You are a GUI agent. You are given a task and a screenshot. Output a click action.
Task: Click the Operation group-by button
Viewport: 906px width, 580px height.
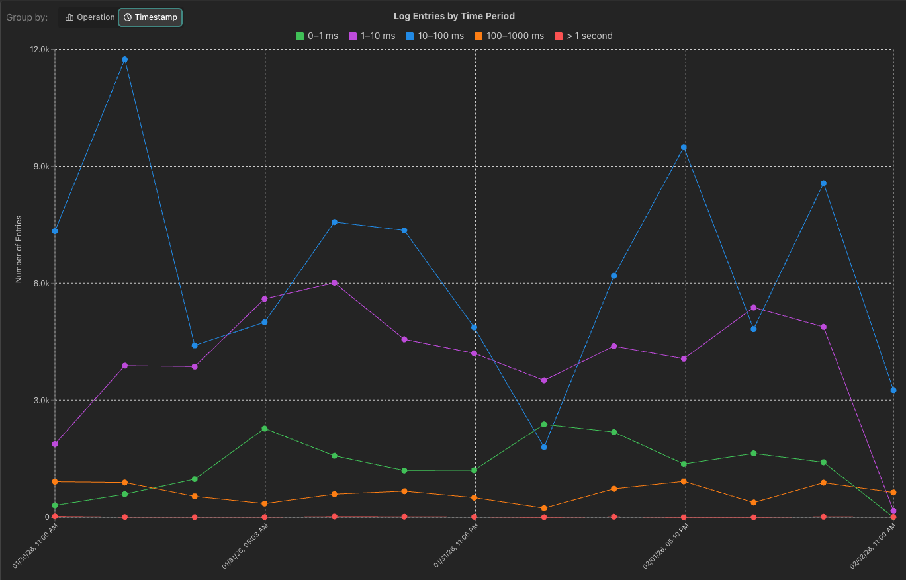(90, 17)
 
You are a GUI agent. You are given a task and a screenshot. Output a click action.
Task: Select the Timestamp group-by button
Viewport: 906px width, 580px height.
(150, 17)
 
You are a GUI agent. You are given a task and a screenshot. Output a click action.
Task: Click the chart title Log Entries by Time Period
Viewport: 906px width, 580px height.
(454, 16)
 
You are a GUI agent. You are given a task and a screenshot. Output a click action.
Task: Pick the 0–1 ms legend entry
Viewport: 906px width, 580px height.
(317, 36)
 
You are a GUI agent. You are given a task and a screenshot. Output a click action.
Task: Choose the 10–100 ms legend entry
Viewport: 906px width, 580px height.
(435, 36)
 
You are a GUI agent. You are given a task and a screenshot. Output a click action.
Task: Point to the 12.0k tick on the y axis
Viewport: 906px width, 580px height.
(40, 50)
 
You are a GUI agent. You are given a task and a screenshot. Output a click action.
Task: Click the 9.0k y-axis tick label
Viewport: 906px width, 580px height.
(42, 167)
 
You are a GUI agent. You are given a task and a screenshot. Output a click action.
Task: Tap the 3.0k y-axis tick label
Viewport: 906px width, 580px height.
(42, 401)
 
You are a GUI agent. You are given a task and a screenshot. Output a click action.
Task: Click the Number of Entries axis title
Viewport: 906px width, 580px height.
(19, 249)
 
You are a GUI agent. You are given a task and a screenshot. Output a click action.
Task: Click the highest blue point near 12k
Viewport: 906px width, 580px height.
(124, 60)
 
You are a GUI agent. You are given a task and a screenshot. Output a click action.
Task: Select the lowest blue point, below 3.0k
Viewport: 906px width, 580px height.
(544, 447)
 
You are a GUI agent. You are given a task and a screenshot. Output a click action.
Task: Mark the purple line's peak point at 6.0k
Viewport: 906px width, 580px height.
(334, 283)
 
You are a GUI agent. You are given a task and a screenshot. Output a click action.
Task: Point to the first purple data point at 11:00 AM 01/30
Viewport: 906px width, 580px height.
(55, 444)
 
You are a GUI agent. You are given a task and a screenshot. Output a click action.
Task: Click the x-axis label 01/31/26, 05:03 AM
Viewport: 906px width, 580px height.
(246, 546)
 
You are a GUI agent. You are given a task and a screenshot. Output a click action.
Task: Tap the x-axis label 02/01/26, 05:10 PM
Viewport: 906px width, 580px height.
(666, 546)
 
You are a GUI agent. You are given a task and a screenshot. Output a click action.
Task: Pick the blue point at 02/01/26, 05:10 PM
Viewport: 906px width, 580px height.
(684, 147)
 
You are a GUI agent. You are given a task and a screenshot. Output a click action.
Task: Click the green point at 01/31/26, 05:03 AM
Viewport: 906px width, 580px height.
(265, 429)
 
